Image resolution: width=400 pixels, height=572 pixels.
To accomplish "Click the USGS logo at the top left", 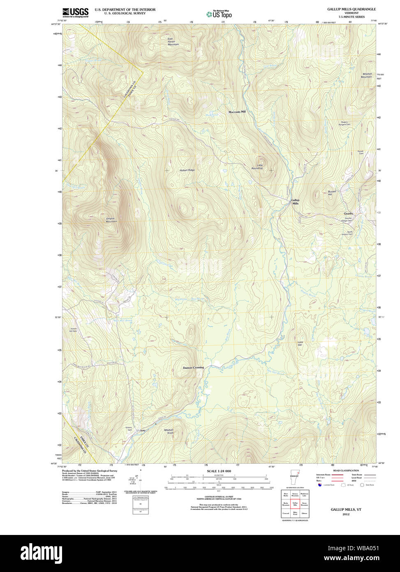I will [x=75, y=12].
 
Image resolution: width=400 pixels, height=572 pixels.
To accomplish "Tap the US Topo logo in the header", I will [x=219, y=14].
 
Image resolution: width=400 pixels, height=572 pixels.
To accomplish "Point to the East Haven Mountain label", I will [x=173, y=42].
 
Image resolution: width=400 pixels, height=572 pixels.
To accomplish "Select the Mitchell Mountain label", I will [x=366, y=75].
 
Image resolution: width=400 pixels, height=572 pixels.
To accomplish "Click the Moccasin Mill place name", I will [x=237, y=112].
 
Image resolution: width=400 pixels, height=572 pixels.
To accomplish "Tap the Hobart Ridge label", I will [x=187, y=170].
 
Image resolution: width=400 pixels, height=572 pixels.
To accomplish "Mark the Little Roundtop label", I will [x=257, y=167].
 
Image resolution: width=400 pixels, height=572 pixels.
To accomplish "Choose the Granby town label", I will [x=348, y=214].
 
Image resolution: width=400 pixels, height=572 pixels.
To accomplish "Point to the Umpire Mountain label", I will [x=111, y=220].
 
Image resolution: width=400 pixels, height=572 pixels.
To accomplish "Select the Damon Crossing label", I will [x=193, y=367].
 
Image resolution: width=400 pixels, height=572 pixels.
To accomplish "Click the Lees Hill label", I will [x=301, y=343].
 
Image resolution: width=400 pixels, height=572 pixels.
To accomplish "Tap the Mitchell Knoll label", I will [x=169, y=431].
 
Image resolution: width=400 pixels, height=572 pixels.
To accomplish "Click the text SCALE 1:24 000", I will [x=219, y=471].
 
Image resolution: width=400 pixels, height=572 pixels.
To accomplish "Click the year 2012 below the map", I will [x=346, y=514].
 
